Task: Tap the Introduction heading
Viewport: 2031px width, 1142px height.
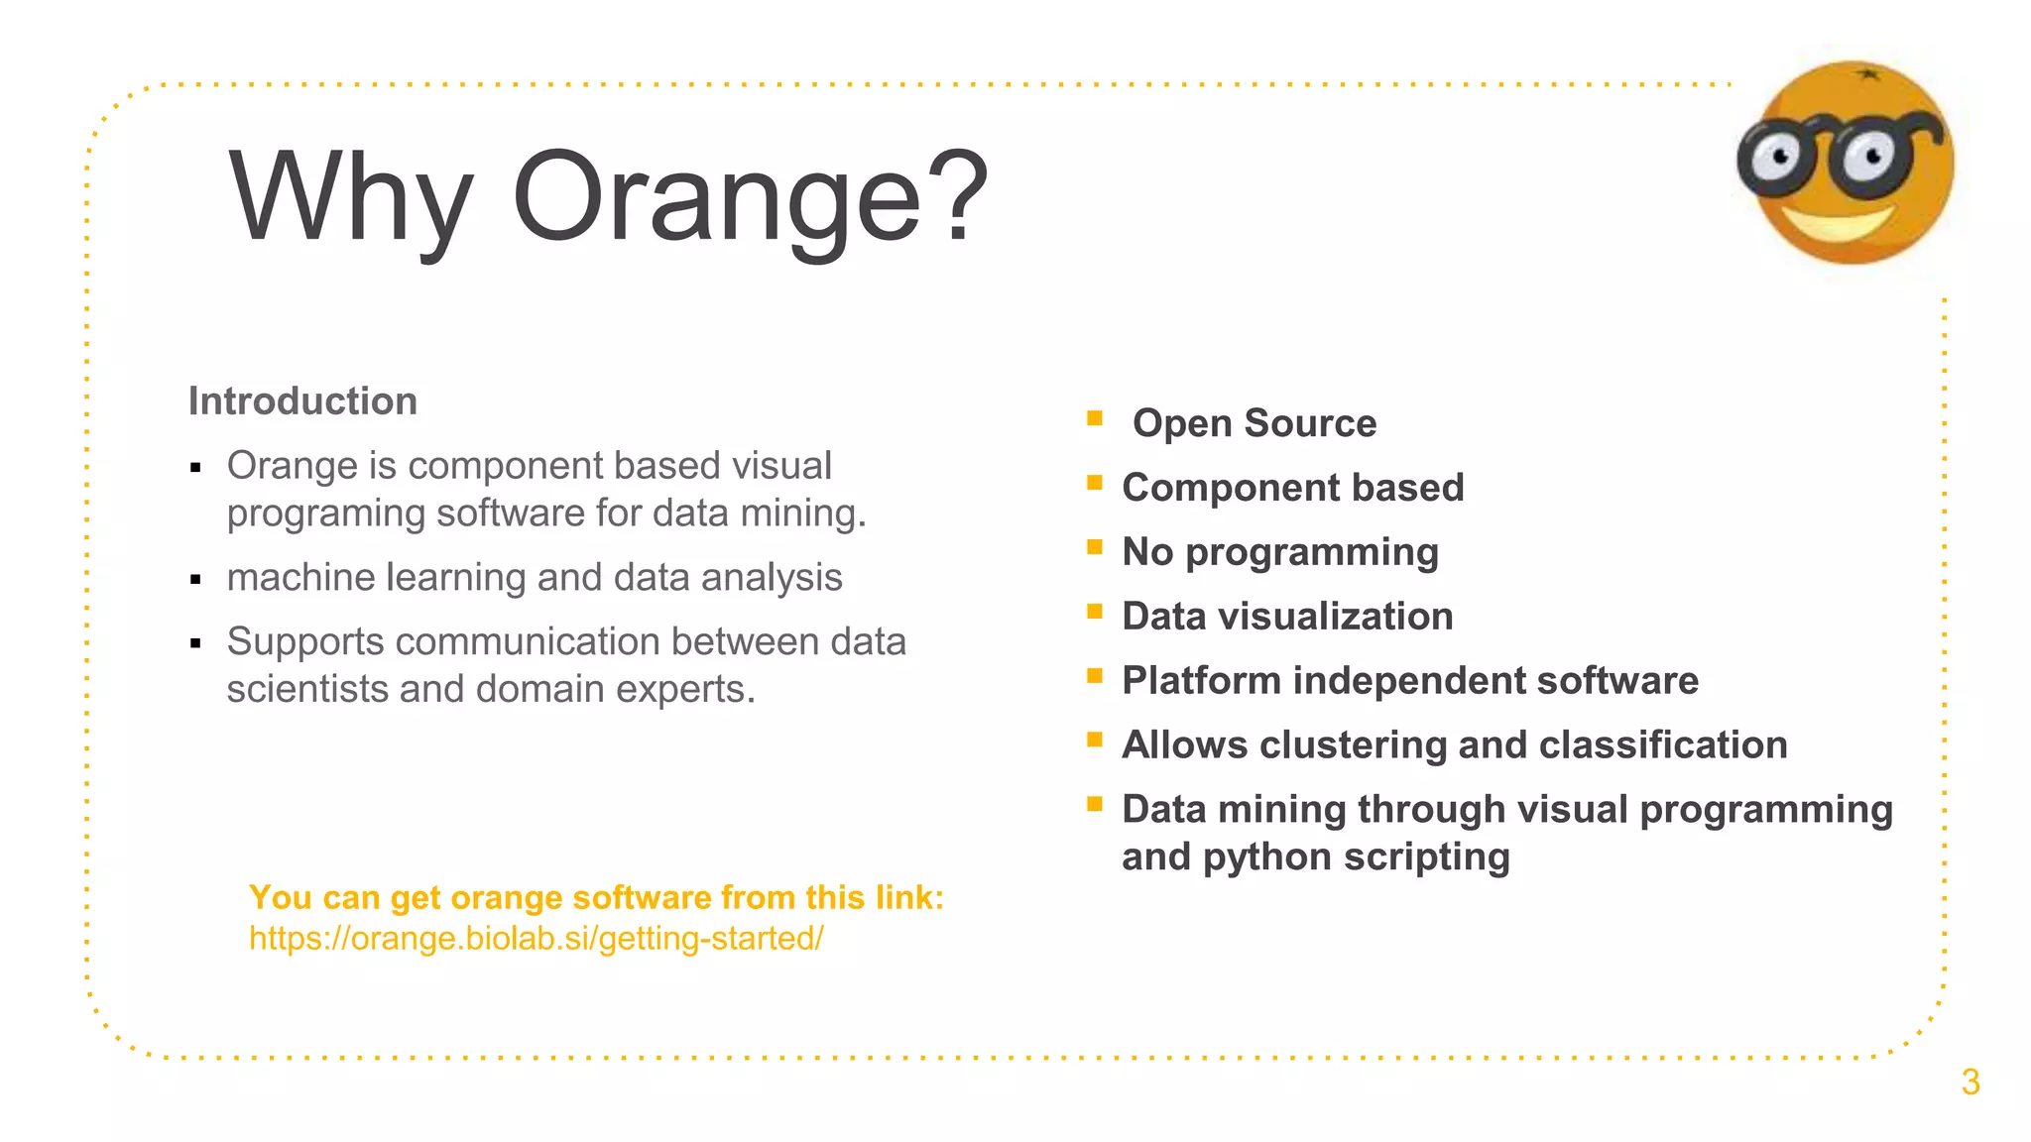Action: point(302,401)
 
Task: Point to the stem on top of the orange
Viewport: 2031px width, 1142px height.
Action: point(1867,72)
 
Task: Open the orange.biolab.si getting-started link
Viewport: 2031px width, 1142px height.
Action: point(536,938)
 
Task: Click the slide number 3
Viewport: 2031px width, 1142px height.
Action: point(1970,1083)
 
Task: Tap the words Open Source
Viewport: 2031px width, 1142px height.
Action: point(1254,423)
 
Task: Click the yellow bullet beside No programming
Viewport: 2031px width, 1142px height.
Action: point(1095,547)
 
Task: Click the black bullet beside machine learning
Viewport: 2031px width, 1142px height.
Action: point(195,580)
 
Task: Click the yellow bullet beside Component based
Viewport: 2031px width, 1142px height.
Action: point(1095,483)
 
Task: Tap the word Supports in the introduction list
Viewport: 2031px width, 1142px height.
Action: point(304,642)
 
